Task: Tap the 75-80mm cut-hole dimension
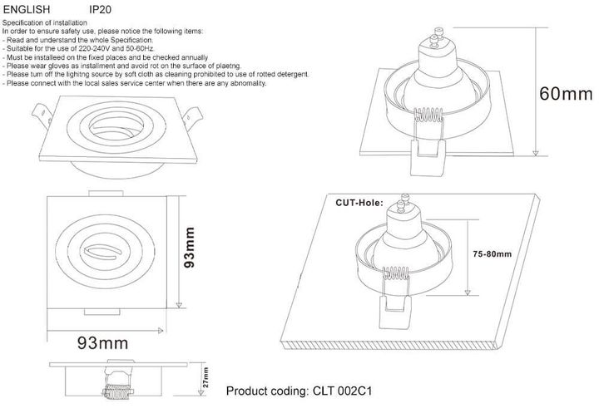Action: point(492,253)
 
